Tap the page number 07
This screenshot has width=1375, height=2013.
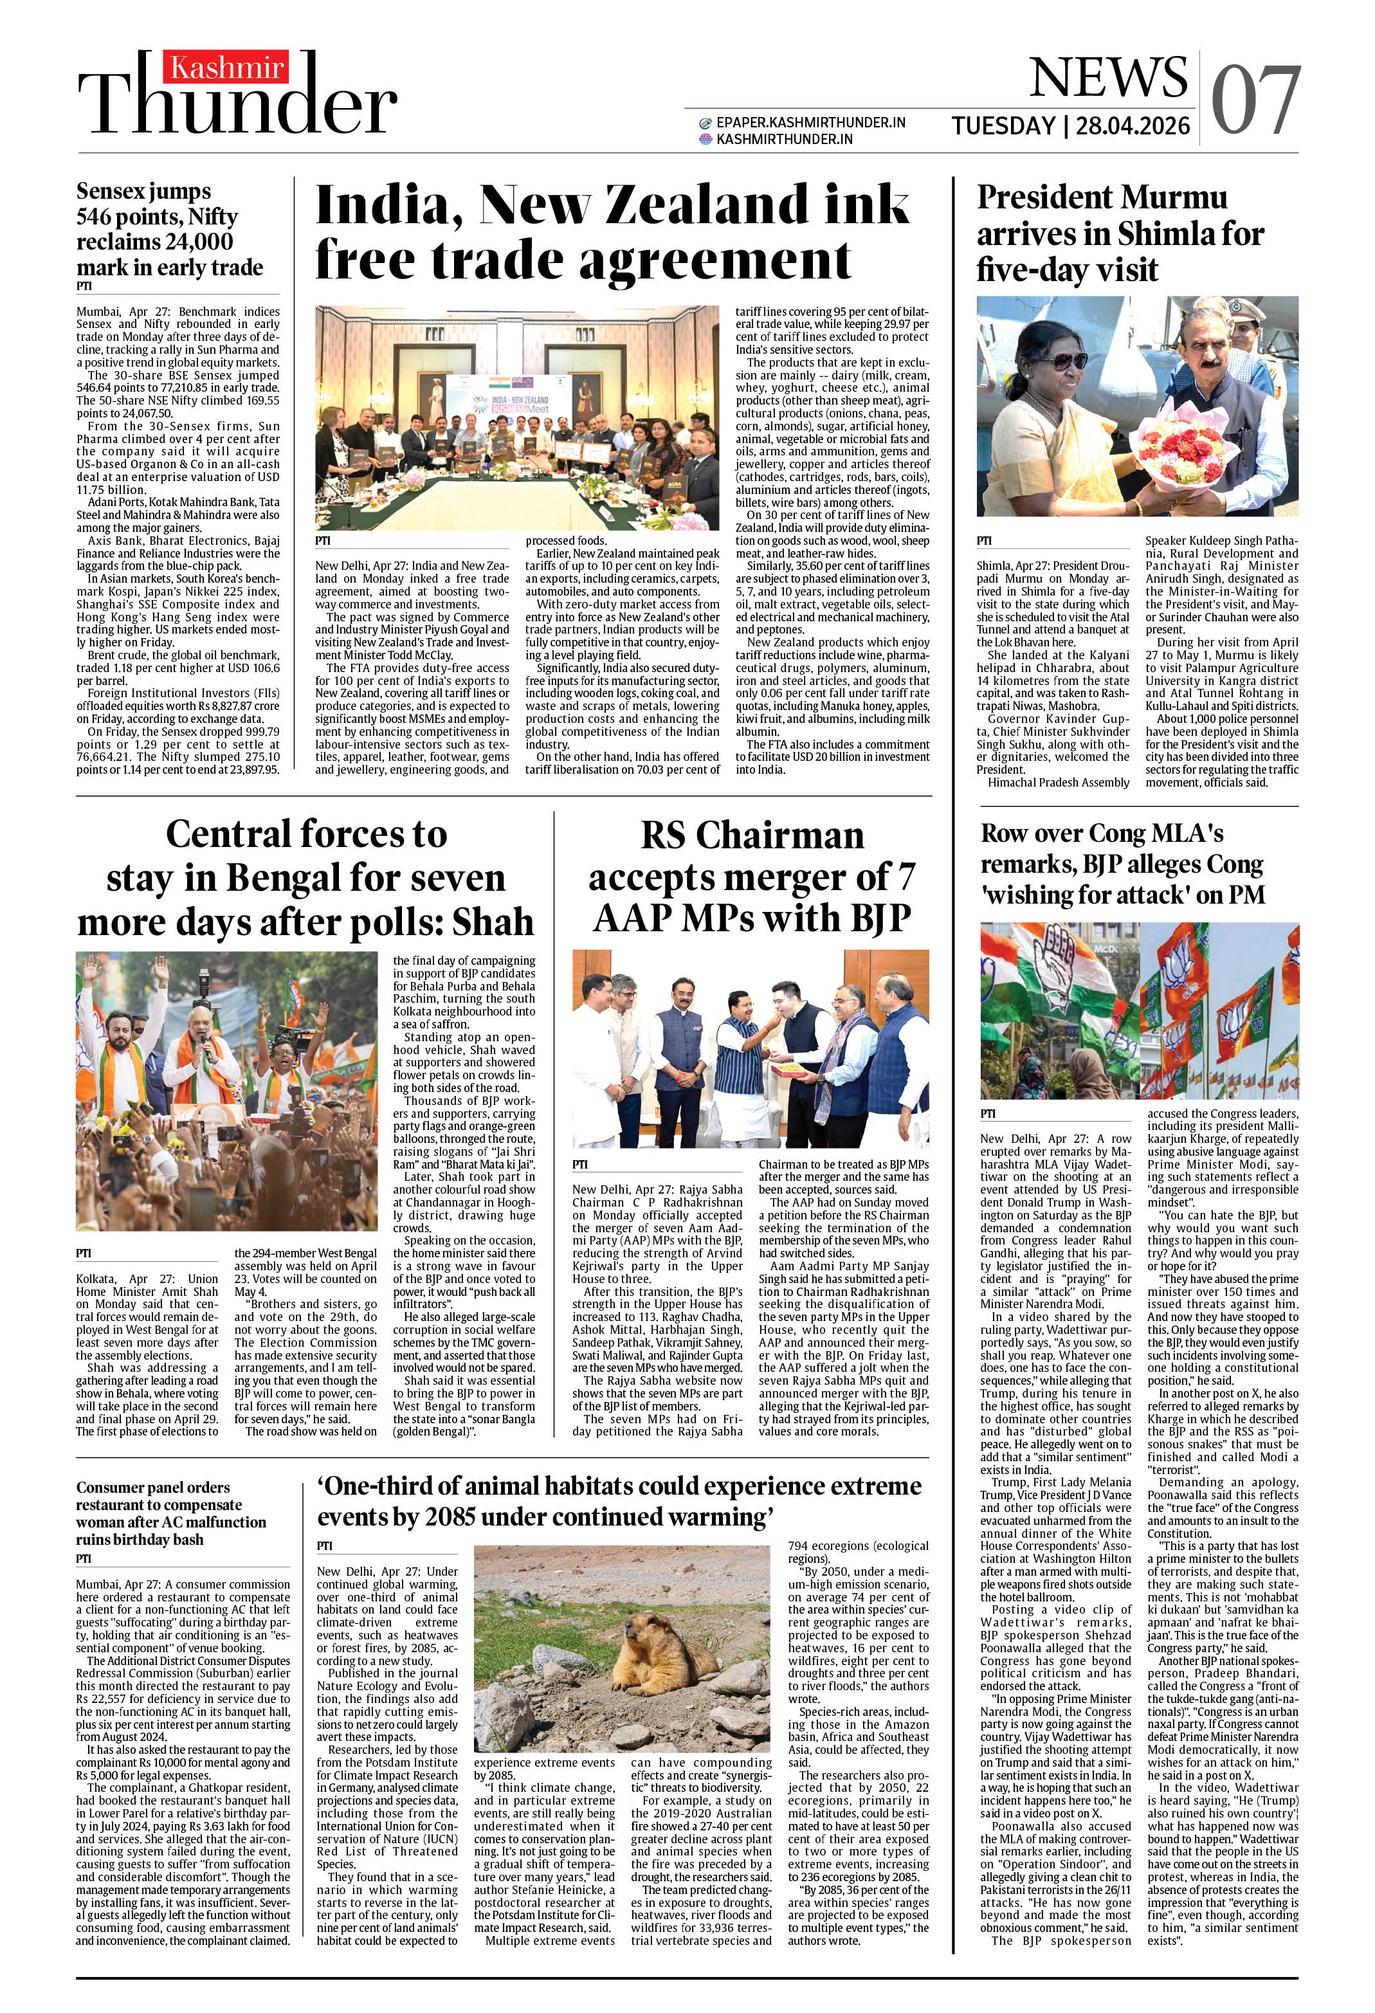pyautogui.click(x=1256, y=102)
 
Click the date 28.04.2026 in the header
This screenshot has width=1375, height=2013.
pyautogui.click(x=1133, y=127)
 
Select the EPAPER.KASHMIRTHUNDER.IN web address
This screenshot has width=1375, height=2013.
pyautogui.click(x=810, y=123)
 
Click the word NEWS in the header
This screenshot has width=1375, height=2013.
pyautogui.click(x=1108, y=78)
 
